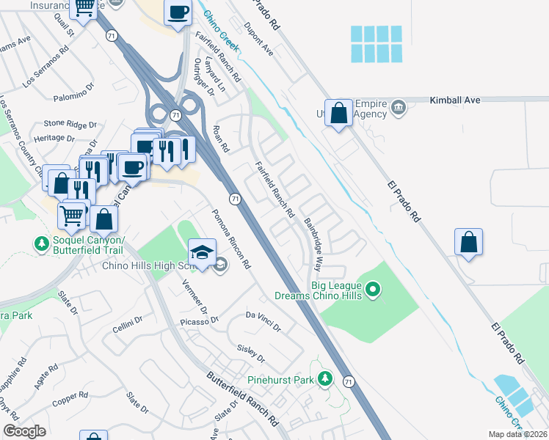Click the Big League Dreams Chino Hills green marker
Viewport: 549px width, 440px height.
pos(374,291)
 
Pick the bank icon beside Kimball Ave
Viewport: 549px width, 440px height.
pos(398,109)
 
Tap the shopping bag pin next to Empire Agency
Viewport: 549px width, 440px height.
pos(338,114)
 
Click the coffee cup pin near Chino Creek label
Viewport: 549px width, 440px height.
pos(178,13)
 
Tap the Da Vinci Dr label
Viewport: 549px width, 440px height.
pos(263,320)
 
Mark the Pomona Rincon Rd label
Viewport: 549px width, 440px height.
pos(231,239)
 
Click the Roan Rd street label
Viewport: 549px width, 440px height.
pos(218,139)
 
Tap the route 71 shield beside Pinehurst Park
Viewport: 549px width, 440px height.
pos(349,382)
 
